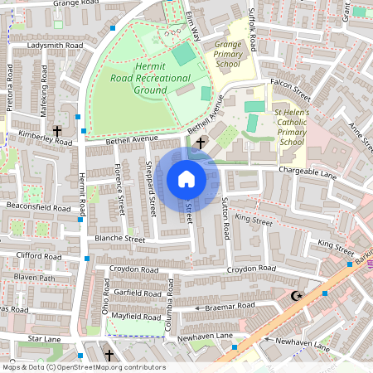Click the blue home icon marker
pyautogui.click(x=186, y=179)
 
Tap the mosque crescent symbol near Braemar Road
pyautogui.click(x=297, y=295)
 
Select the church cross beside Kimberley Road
pyautogui.click(x=58, y=131)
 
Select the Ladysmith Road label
pyautogui.click(x=55, y=45)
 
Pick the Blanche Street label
pyautogui.click(x=120, y=239)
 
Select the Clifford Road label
pyautogui.click(x=38, y=257)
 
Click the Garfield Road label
pyautogui.click(x=136, y=293)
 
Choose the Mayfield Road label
pyautogui.click(x=136, y=316)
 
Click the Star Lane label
pyautogui.click(x=45, y=339)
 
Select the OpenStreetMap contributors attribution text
pyautogui.click(x=83, y=367)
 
